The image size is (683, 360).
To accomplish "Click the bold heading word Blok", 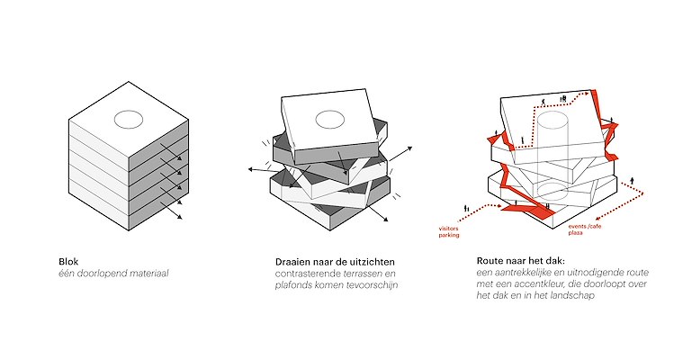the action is tap(68, 262).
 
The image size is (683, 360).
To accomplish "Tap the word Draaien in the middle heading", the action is tap(292, 262).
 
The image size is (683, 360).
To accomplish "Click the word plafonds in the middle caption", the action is tap(292, 285).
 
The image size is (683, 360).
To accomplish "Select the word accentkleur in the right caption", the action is tap(544, 284).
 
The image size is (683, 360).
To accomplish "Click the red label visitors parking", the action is tap(449, 232).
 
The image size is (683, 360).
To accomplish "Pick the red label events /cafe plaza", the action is tap(585, 229).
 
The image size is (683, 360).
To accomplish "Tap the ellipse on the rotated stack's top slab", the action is tap(330, 120).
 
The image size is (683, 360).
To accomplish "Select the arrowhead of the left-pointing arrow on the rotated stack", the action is tap(251, 169).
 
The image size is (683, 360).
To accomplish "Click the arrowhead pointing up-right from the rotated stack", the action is tap(409, 148).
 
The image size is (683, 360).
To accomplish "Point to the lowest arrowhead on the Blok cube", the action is tap(179, 217).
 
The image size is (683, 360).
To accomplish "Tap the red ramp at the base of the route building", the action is tap(528, 210).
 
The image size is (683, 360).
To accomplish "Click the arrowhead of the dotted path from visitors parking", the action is tap(499, 206).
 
